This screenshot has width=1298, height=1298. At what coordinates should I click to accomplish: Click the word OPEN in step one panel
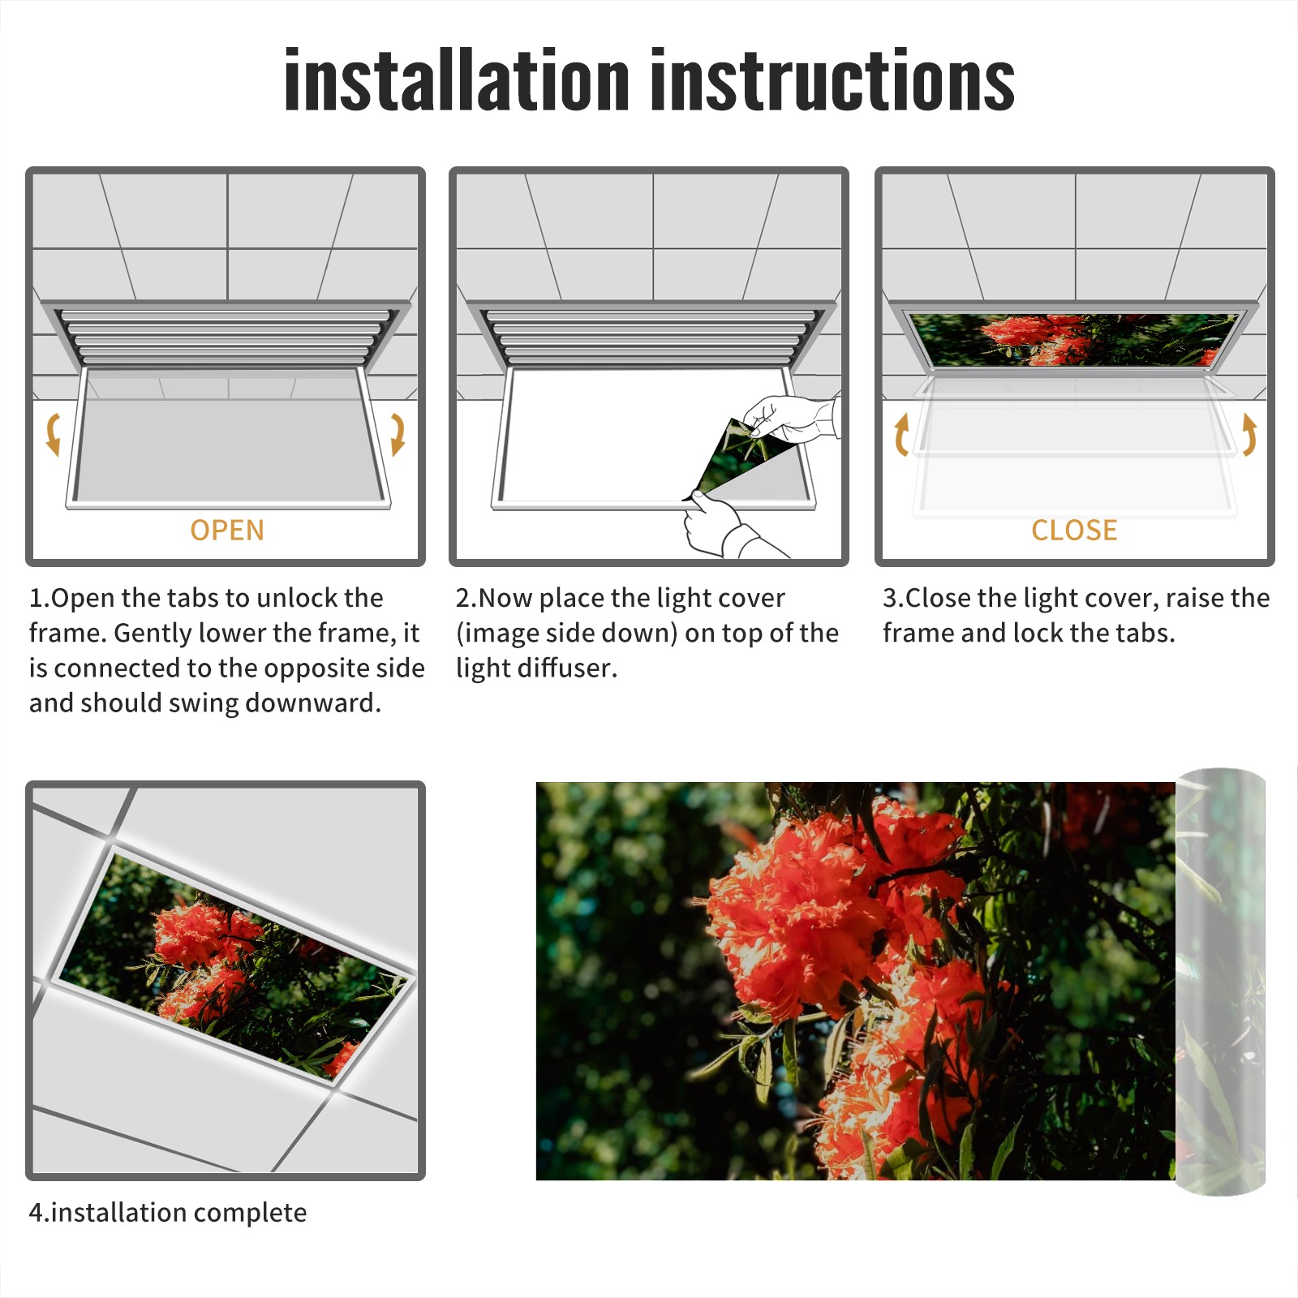click(227, 530)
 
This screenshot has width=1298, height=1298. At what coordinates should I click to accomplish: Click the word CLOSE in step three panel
click(1074, 530)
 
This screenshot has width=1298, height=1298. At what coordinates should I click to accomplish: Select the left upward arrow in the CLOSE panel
click(900, 434)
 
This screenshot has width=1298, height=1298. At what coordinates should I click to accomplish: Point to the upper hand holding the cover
click(791, 417)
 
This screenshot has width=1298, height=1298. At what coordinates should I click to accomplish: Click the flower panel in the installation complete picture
click(234, 966)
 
